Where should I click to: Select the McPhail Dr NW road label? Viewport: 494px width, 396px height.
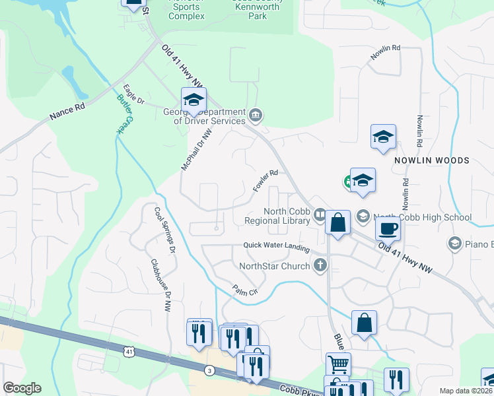point(197,149)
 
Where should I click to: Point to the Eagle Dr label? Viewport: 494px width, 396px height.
point(133,94)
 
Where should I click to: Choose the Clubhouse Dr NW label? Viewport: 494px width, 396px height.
point(160,284)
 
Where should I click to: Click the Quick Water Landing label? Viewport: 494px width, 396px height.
point(276,246)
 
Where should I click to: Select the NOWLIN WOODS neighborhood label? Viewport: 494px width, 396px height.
point(432,160)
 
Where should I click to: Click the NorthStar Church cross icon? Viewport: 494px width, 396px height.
point(320,266)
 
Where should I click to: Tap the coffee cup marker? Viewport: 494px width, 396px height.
point(387,228)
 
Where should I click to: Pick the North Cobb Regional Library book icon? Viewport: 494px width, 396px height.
point(320,214)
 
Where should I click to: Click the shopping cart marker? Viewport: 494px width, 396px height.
point(337,363)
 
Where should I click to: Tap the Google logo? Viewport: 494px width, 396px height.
point(22,388)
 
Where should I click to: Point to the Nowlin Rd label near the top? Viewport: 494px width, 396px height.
point(386,53)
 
